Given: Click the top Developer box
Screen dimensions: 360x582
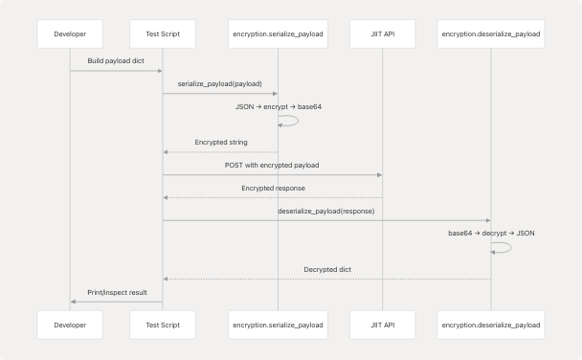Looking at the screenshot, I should [70, 34].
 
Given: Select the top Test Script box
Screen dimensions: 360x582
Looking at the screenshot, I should [163, 34].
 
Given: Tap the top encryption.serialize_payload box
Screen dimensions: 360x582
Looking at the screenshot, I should [278, 34].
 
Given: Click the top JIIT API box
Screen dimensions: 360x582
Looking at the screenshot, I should [382, 34].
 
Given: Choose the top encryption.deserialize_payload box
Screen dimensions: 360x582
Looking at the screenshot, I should [491, 34].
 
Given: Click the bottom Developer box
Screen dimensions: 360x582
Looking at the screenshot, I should [70, 325].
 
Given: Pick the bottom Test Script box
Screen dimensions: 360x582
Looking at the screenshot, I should [163, 325].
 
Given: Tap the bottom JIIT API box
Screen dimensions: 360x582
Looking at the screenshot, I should [382, 325].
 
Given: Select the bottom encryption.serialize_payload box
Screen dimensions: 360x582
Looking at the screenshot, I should [278, 325].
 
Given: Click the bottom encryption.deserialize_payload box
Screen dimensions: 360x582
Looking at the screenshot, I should [491, 325].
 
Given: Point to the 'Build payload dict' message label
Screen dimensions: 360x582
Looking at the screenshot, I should [116, 61].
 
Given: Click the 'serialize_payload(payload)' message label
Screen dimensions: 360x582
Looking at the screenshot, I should [220, 84].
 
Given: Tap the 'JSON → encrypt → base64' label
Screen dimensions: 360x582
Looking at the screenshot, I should [278, 106].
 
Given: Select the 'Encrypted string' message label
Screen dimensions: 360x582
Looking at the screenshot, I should [220, 142].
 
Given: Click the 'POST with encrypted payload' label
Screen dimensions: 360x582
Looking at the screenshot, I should [272, 165].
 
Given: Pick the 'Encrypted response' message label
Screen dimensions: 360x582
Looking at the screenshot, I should [272, 188].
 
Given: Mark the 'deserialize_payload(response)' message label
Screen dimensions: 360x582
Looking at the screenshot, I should [326, 211].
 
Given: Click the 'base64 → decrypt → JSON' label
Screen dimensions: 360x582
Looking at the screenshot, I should [491, 233].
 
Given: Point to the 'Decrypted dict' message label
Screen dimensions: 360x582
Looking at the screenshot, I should [326, 269].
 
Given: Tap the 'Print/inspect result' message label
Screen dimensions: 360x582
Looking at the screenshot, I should [116, 292].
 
